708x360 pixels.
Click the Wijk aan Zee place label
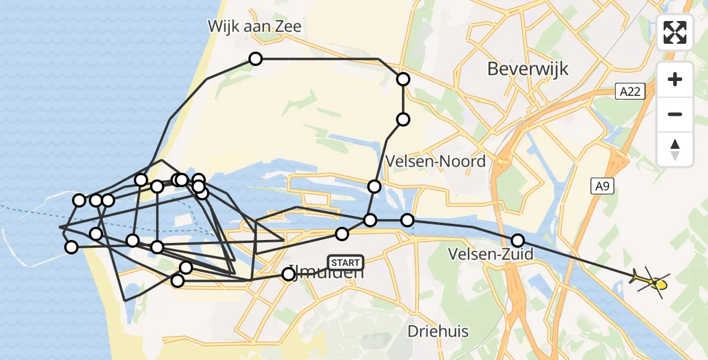pyautogui.click(x=254, y=26)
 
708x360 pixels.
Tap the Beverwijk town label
pyautogui.click(x=527, y=68)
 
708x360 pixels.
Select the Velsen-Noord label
pyautogui.click(x=436, y=161)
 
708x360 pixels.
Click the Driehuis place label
pyautogui.click(x=438, y=331)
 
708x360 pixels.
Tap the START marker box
pyautogui.click(x=346, y=263)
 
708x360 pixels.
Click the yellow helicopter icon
pyautogui.click(x=651, y=281)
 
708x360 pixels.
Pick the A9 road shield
pyautogui.click(x=603, y=187)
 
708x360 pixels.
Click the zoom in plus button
pyautogui.click(x=675, y=79)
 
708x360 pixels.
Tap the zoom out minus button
pyautogui.click(x=675, y=114)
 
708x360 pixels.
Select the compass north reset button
pyautogui.click(x=675, y=149)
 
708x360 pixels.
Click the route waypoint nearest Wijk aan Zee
pyautogui.click(x=256, y=59)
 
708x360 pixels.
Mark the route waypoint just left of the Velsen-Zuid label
pyautogui.click(x=408, y=220)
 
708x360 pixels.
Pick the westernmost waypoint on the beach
pyautogui.click(x=71, y=247)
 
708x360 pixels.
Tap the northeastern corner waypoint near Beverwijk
pyautogui.click(x=403, y=79)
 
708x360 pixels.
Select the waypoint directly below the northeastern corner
pyautogui.click(x=403, y=119)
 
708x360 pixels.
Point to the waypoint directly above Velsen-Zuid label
pyautogui.click(x=517, y=241)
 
